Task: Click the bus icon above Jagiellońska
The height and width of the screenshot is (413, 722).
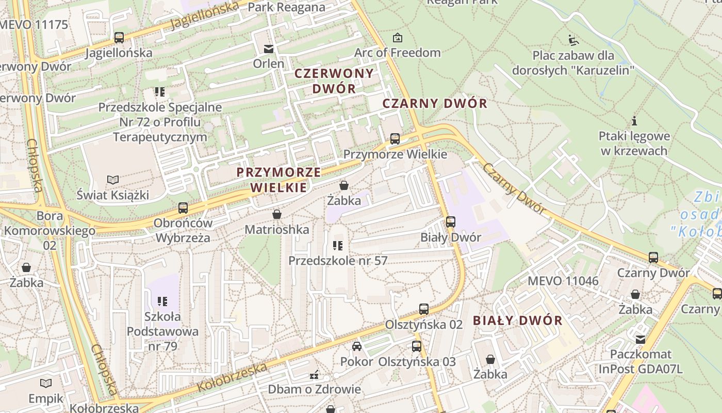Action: tap(119, 38)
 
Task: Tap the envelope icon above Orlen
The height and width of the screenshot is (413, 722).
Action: tap(268, 49)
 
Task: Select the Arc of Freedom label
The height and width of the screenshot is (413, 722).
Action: tap(397, 53)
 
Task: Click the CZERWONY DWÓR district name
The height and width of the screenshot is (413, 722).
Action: tap(334, 81)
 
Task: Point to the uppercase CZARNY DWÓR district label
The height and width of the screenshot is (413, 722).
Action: tap(435, 103)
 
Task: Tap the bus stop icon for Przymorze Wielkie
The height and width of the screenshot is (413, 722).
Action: tap(395, 139)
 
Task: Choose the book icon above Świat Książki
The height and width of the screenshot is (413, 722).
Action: tap(113, 180)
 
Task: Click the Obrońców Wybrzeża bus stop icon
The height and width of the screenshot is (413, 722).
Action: tap(183, 208)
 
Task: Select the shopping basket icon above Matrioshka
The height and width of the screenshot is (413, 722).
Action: tap(277, 214)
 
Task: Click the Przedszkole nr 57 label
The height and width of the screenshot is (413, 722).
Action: tap(338, 261)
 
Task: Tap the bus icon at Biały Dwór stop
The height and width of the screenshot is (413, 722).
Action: tap(450, 222)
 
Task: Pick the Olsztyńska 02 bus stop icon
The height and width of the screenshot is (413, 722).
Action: tap(423, 309)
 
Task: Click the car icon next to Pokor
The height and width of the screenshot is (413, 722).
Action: tap(356, 346)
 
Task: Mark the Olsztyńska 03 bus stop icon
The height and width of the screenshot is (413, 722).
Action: tap(417, 346)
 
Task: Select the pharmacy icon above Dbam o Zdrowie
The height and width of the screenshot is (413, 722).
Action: tap(314, 374)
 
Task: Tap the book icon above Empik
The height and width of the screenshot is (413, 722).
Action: tap(46, 383)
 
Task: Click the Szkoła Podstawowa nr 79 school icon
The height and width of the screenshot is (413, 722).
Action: tap(162, 301)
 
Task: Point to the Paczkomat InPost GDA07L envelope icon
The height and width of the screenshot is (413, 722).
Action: tap(641, 339)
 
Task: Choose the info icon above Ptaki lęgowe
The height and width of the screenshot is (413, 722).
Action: tap(634, 121)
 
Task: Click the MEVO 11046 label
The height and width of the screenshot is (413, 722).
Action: tap(563, 281)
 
